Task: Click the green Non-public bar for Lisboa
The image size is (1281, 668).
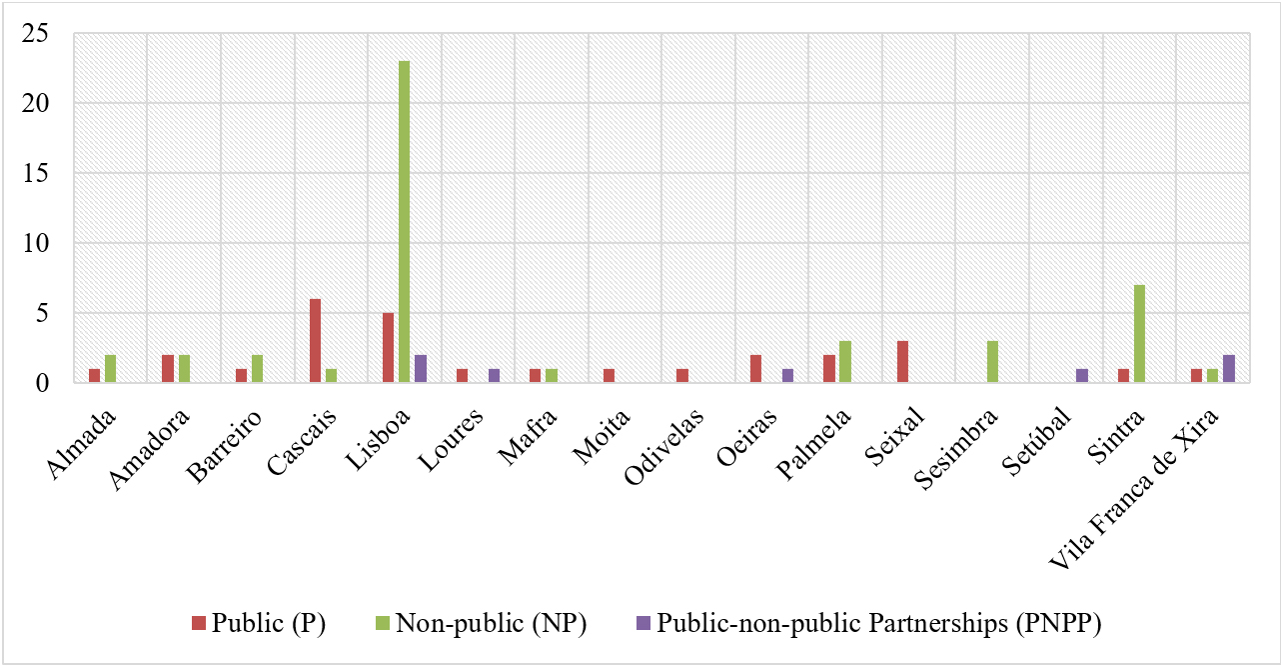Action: (404, 222)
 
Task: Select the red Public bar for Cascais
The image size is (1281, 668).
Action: (315, 341)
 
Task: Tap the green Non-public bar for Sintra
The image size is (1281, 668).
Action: (1139, 334)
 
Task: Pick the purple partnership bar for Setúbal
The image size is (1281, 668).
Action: (1081, 376)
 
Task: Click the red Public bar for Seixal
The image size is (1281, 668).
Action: (903, 362)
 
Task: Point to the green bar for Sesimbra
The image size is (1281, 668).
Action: (992, 362)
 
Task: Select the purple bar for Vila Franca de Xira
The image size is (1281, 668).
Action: (1228, 369)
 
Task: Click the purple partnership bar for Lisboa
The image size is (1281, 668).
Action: (420, 369)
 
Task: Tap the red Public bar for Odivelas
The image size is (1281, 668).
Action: (682, 376)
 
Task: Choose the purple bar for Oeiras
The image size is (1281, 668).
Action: (787, 376)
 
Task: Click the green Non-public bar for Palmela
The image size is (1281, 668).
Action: (844, 362)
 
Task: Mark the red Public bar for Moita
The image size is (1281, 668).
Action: (609, 376)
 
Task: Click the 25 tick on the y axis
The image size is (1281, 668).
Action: (49, 33)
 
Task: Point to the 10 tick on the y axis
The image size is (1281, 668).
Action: (49, 243)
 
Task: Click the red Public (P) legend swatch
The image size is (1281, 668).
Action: (198, 624)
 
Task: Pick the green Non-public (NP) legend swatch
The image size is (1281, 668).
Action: (383, 624)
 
